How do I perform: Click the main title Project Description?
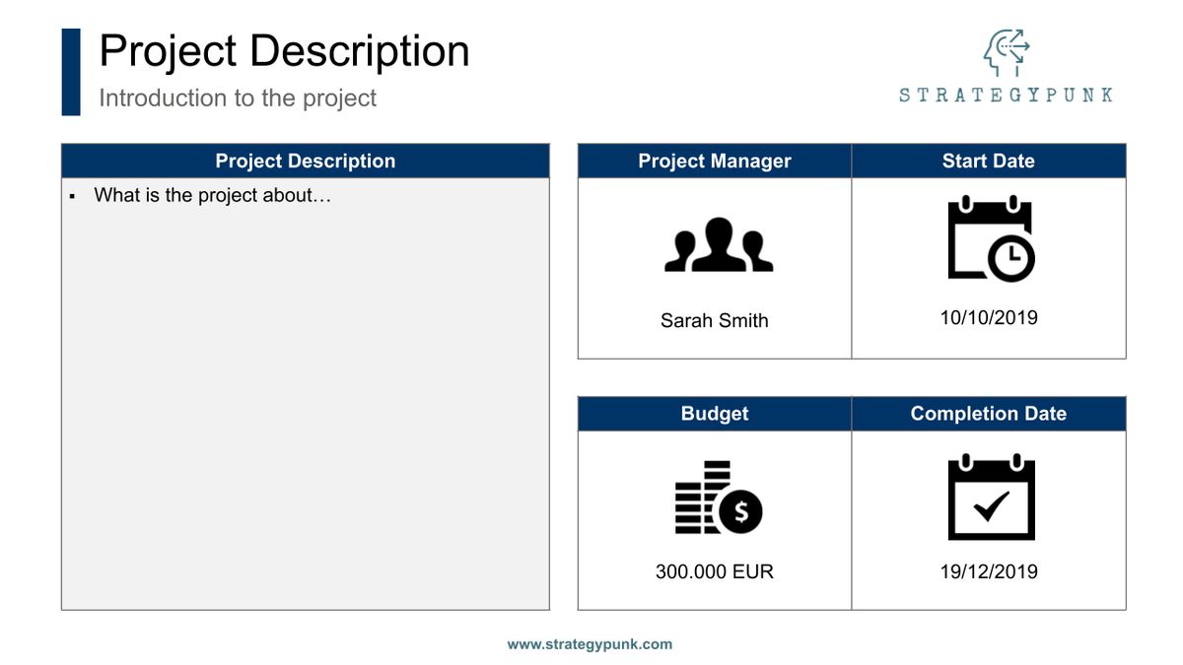click(284, 51)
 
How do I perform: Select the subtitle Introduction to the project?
click(238, 99)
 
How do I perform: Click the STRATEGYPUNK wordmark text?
click(1006, 96)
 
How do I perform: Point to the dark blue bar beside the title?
click(71, 72)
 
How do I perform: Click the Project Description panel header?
click(306, 162)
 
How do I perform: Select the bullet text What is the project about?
click(212, 195)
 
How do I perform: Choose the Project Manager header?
click(715, 162)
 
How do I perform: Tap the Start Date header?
click(989, 162)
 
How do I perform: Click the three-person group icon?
click(719, 245)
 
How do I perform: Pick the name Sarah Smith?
click(715, 320)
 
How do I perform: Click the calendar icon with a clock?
click(991, 240)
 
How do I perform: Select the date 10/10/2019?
click(989, 318)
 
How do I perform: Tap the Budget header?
click(715, 414)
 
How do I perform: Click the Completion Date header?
click(989, 414)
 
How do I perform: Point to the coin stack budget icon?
click(719, 498)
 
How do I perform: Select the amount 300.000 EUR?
click(715, 571)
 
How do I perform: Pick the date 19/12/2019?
click(989, 571)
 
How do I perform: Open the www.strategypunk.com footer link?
click(590, 644)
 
